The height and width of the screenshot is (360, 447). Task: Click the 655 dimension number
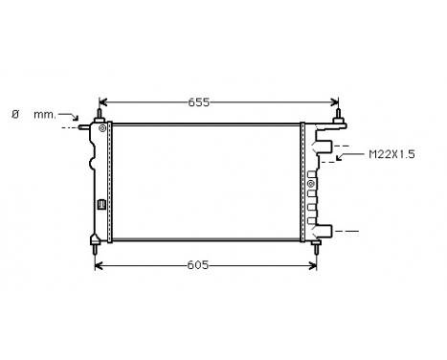pos(197,101)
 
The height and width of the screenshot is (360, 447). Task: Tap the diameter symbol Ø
pos(14,114)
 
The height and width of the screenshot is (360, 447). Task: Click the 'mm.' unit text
pos(45,114)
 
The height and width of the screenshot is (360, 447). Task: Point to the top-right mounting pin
pos(338,116)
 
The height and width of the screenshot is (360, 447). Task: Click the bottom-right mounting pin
pos(316,246)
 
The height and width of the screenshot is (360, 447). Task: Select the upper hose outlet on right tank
pos(324,148)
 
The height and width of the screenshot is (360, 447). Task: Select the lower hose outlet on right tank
pos(324,230)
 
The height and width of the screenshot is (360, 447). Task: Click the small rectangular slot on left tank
pos(101,203)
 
